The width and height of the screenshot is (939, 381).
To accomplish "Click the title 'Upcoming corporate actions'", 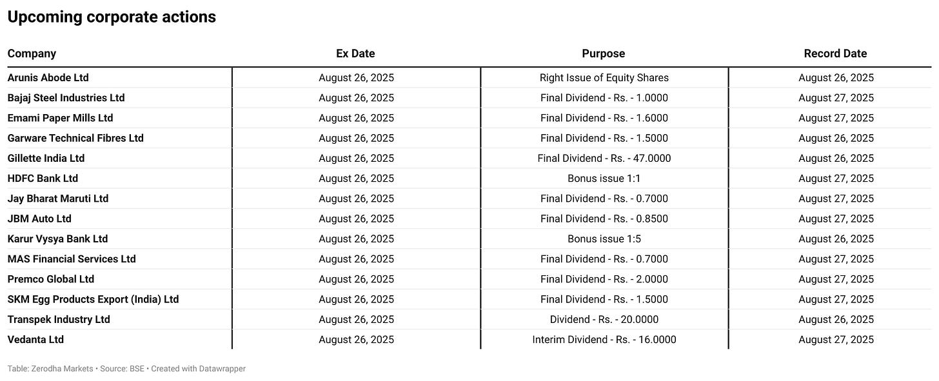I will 112,17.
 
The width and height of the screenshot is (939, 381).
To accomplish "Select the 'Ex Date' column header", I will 355,54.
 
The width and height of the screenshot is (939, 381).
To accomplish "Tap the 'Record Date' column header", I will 835,54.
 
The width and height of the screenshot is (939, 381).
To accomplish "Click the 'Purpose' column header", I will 604,54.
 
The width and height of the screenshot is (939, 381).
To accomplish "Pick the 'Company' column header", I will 32,54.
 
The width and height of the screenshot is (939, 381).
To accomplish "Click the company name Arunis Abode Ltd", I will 48,77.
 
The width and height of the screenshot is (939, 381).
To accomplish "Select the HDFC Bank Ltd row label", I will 43,178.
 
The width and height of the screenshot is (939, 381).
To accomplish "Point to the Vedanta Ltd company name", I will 35,339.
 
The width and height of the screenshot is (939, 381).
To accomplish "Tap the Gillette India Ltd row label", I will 46,158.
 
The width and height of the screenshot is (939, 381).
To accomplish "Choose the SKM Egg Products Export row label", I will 93,299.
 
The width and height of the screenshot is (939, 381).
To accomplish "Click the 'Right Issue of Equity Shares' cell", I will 604,77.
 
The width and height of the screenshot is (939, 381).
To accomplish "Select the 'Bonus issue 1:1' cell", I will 604,178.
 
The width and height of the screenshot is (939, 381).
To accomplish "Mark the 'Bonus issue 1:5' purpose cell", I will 604,239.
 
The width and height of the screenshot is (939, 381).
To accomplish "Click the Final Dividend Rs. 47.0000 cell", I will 604,158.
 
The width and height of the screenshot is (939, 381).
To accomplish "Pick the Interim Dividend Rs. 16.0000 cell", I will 604,339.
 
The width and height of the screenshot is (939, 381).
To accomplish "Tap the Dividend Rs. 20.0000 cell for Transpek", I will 604,319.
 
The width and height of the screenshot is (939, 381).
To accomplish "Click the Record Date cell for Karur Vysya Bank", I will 836,239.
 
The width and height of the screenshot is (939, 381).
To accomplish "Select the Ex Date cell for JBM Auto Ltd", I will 356,219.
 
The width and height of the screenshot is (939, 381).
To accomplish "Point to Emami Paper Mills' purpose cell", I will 604,118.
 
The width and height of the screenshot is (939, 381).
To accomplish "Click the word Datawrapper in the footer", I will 222,369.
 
